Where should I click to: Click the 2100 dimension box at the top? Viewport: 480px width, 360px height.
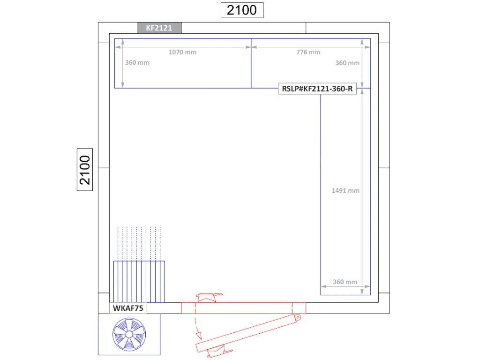242,10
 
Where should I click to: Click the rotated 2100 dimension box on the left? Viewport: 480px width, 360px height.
85,170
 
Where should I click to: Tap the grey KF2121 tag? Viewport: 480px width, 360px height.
159,28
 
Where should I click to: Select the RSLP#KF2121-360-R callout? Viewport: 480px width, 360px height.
317,89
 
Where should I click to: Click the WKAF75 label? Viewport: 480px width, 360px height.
128,308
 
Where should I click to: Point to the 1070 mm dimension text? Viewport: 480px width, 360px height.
182,52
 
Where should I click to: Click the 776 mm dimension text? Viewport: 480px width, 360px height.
308,52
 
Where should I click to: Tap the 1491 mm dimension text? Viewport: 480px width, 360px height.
345,190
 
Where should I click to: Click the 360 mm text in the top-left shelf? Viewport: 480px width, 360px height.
137,62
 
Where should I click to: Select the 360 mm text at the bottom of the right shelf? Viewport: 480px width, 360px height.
345,282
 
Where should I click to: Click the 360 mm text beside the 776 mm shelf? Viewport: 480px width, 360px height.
347,63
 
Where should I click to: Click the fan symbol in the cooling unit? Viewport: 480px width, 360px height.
129,334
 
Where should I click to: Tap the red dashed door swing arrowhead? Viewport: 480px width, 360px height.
199,336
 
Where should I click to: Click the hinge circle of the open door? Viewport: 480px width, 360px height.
297,317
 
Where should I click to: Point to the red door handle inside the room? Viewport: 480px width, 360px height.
209,298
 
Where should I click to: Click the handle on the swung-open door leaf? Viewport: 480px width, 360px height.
219,351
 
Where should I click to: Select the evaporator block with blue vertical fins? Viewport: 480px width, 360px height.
139,282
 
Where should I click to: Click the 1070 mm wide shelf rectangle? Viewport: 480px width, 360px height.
183,63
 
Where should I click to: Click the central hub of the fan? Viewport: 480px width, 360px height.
129,335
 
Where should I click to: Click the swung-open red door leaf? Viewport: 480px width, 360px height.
248,334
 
